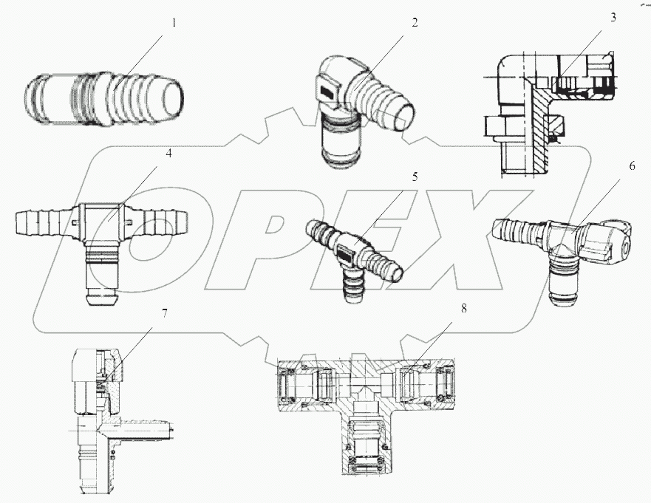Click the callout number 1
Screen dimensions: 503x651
point(174,22)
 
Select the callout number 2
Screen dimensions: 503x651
point(415,22)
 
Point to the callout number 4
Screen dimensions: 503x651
point(168,154)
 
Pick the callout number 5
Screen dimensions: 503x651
point(415,177)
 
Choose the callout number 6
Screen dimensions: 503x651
point(632,166)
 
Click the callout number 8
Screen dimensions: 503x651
point(463,309)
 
